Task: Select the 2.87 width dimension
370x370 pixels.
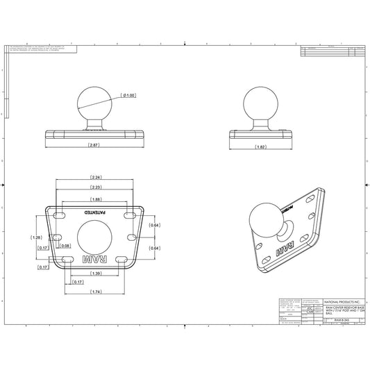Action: coord(94,145)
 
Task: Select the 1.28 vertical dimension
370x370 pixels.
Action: coord(36,237)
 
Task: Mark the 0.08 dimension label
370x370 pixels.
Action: coord(65,246)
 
